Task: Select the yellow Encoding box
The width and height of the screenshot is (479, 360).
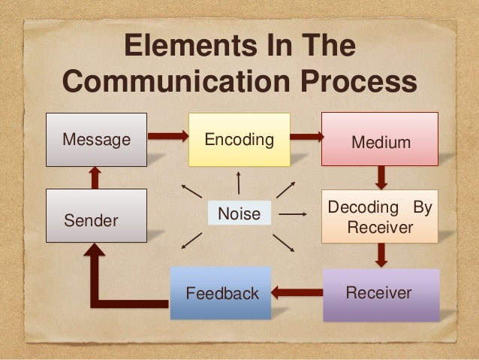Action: (x=239, y=140)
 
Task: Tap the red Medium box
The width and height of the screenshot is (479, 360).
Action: (x=380, y=140)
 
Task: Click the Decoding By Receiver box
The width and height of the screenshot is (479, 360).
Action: (x=380, y=216)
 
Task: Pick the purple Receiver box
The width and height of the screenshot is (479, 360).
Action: (x=380, y=293)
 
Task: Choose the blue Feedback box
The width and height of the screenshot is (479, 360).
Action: (x=221, y=293)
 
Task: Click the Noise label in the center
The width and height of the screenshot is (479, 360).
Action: (x=239, y=215)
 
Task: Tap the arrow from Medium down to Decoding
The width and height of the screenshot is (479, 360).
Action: (x=381, y=177)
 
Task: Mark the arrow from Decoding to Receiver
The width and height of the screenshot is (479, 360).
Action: (x=381, y=255)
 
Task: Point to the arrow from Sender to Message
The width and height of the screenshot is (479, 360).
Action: (x=95, y=177)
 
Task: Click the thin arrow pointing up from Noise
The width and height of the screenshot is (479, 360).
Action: (x=239, y=183)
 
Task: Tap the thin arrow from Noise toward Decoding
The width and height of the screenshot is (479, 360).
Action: (x=293, y=214)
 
